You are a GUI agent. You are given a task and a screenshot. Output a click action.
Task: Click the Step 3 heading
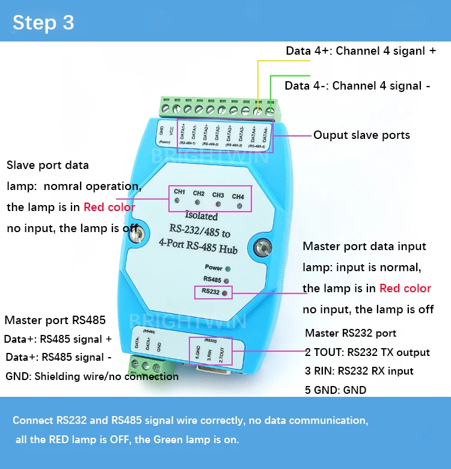tap(43, 22)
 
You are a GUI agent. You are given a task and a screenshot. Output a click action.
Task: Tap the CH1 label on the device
tap(179, 192)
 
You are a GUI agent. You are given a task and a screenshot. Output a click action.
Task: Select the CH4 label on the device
tap(238, 196)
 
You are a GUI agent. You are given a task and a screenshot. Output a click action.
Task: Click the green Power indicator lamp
tap(228, 268)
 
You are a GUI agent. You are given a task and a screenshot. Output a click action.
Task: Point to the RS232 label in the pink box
tap(210, 292)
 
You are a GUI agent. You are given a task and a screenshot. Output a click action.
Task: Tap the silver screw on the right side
tap(262, 247)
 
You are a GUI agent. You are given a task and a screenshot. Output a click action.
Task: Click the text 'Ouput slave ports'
tap(361, 135)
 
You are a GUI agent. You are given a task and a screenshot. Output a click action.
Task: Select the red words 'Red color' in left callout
tap(109, 207)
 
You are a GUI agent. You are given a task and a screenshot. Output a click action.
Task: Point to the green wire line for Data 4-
tap(271, 90)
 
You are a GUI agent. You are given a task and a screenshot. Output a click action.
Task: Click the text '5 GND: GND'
tap(336, 390)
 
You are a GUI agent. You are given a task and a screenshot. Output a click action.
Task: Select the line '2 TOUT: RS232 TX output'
tap(367, 352)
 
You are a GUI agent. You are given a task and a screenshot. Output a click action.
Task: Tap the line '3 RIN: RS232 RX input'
tap(360, 371)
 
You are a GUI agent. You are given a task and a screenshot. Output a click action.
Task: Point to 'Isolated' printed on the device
tap(201, 216)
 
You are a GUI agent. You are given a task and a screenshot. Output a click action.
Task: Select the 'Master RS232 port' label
tap(351, 333)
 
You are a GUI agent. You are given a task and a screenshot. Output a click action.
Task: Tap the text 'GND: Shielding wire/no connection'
tap(91, 376)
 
